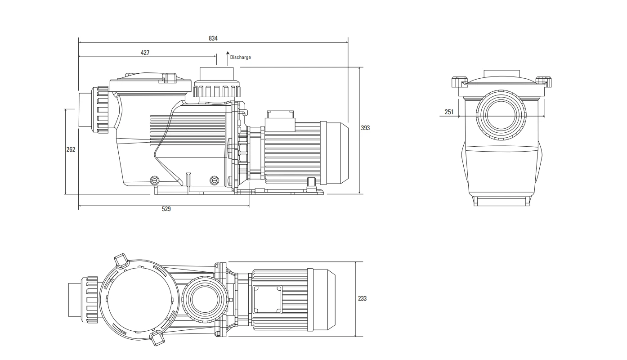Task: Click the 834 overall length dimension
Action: tap(213, 38)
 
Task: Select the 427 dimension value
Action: tap(145, 52)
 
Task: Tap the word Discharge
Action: tap(241, 58)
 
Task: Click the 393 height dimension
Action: tap(365, 128)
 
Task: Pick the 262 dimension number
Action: tap(71, 149)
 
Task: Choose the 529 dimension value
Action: tap(166, 209)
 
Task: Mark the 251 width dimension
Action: tap(449, 112)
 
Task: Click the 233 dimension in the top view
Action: tap(362, 298)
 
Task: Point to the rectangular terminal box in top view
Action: tap(267, 299)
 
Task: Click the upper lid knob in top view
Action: tap(122, 261)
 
